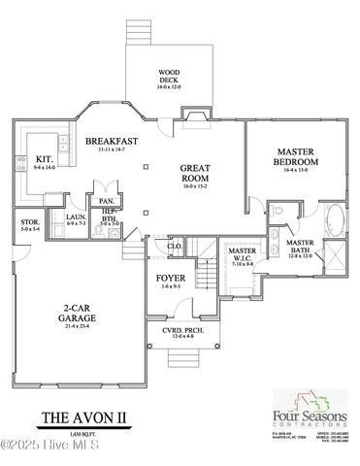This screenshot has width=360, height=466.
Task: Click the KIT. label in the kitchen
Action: [x=45, y=158]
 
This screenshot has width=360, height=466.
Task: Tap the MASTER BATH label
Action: [x=299, y=248]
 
